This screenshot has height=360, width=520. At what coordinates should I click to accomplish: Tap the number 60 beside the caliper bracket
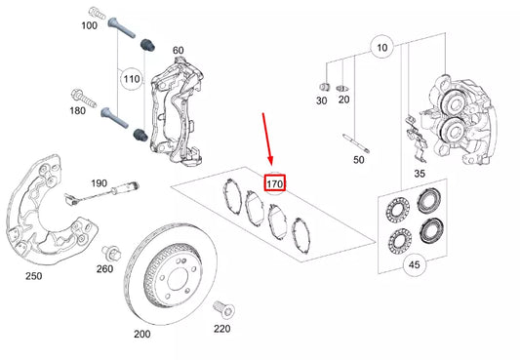(179, 50)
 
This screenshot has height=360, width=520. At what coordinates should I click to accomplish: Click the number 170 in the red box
(275, 182)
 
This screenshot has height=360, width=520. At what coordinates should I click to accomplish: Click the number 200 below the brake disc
(142, 334)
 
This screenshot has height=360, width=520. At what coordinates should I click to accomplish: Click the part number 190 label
(100, 182)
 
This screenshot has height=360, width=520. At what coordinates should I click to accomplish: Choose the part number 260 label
(104, 269)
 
